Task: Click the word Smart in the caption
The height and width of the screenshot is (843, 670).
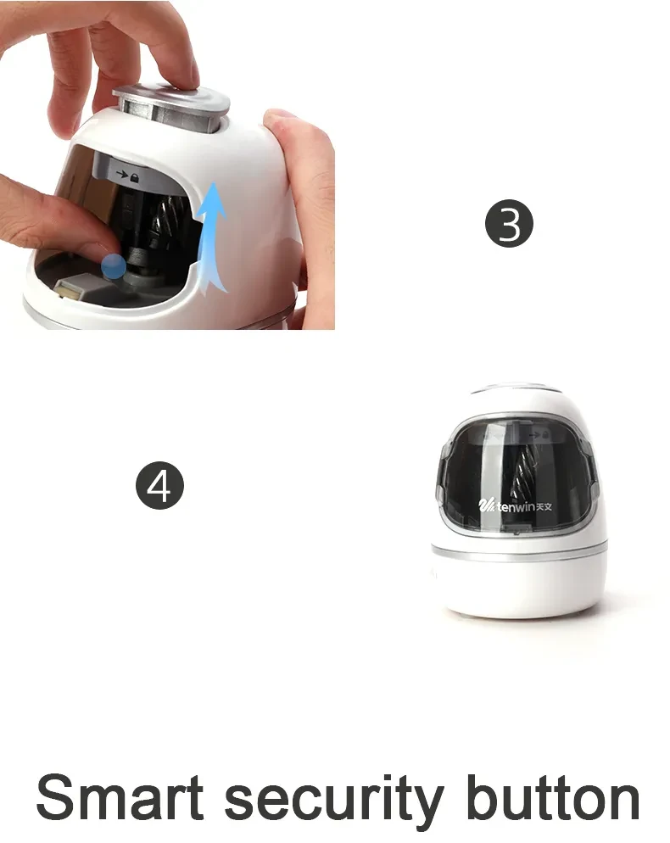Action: (x=120, y=798)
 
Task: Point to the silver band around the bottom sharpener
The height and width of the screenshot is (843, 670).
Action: (x=519, y=551)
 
